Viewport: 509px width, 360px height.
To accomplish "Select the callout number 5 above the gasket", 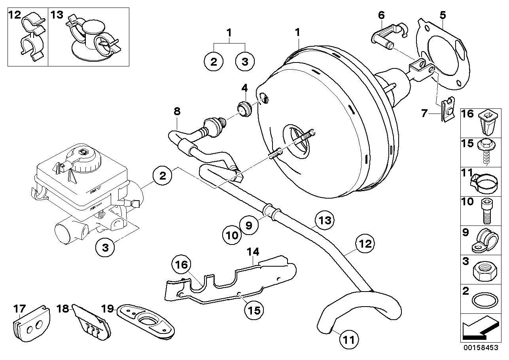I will [443, 15].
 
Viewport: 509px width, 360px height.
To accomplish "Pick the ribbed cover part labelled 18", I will [92, 323].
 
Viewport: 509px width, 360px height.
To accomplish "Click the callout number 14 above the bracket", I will [253, 251].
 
